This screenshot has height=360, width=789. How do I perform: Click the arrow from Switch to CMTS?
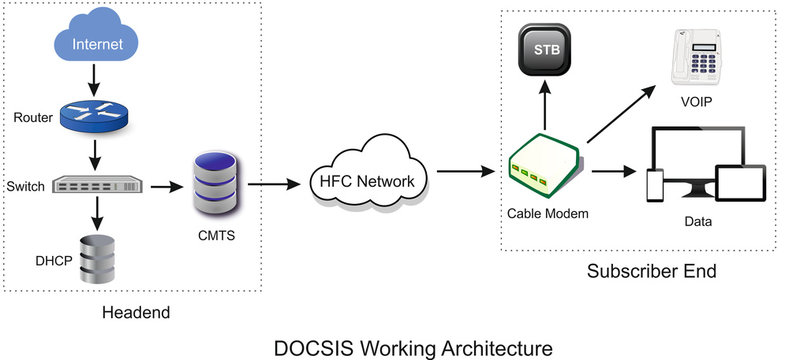(x=164, y=185)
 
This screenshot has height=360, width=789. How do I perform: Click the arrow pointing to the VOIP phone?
(x=620, y=115)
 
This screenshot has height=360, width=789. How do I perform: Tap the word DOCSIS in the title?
(x=317, y=347)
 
